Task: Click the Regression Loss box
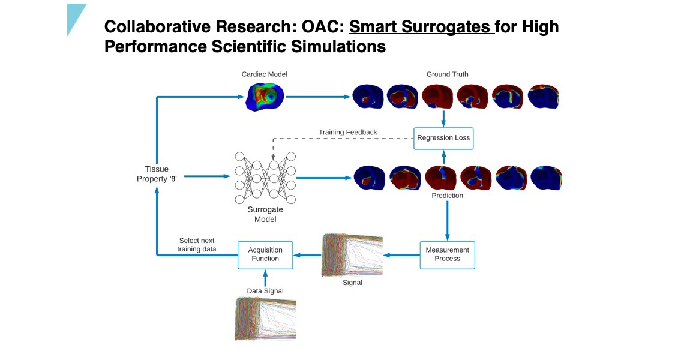click(x=443, y=138)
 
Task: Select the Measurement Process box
click(x=447, y=254)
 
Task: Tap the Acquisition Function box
click(x=265, y=254)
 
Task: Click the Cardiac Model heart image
click(x=266, y=96)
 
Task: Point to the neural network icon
click(x=265, y=177)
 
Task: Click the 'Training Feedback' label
click(x=347, y=132)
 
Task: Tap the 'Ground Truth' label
click(x=447, y=74)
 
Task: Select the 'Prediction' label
click(x=447, y=196)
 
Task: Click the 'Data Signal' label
click(x=265, y=291)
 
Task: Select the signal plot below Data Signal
click(x=265, y=318)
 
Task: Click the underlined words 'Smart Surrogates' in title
click(x=421, y=27)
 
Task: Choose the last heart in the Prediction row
click(x=545, y=178)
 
